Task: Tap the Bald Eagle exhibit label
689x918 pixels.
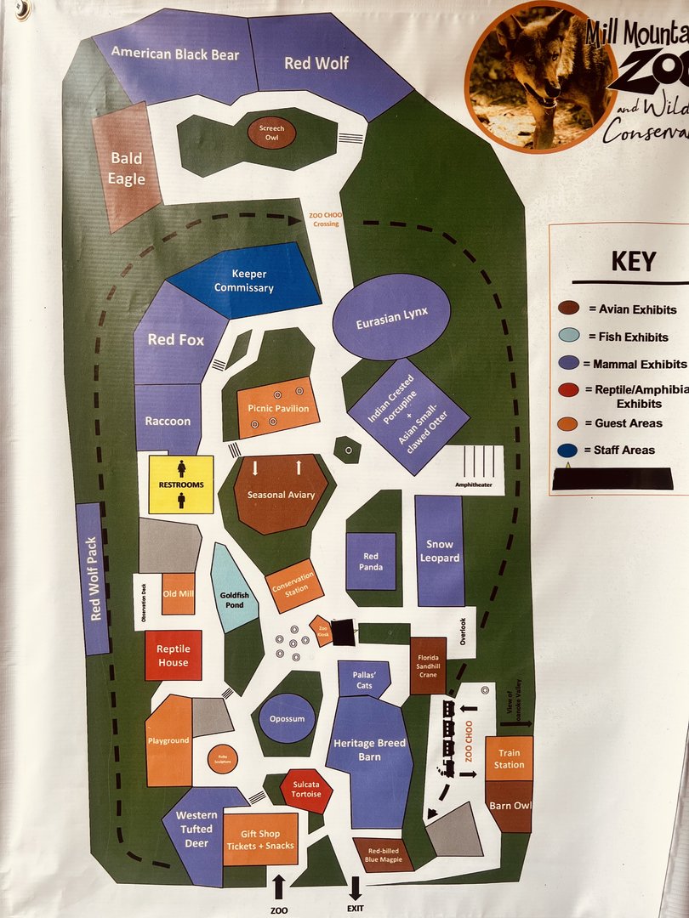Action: pyautogui.click(x=126, y=168)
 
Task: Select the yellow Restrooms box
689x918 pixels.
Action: pyautogui.click(x=181, y=484)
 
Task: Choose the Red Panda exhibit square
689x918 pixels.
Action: pyautogui.click(x=371, y=561)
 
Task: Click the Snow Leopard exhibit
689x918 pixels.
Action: pyautogui.click(x=440, y=551)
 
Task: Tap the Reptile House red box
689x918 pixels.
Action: pyautogui.click(x=174, y=655)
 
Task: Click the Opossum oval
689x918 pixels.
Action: pyautogui.click(x=287, y=719)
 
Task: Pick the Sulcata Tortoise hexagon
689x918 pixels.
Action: pyautogui.click(x=306, y=790)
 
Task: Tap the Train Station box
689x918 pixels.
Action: pyautogui.click(x=509, y=759)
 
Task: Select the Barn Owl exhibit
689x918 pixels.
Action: pyautogui.click(x=509, y=805)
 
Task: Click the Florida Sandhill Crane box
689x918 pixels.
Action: pyautogui.click(x=428, y=664)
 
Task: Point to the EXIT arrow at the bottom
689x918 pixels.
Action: pyautogui.click(x=355, y=887)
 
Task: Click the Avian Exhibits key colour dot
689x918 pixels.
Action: pyautogui.click(x=569, y=309)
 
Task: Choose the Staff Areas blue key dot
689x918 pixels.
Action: pyautogui.click(x=569, y=450)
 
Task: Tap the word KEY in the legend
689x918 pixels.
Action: pyautogui.click(x=634, y=260)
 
